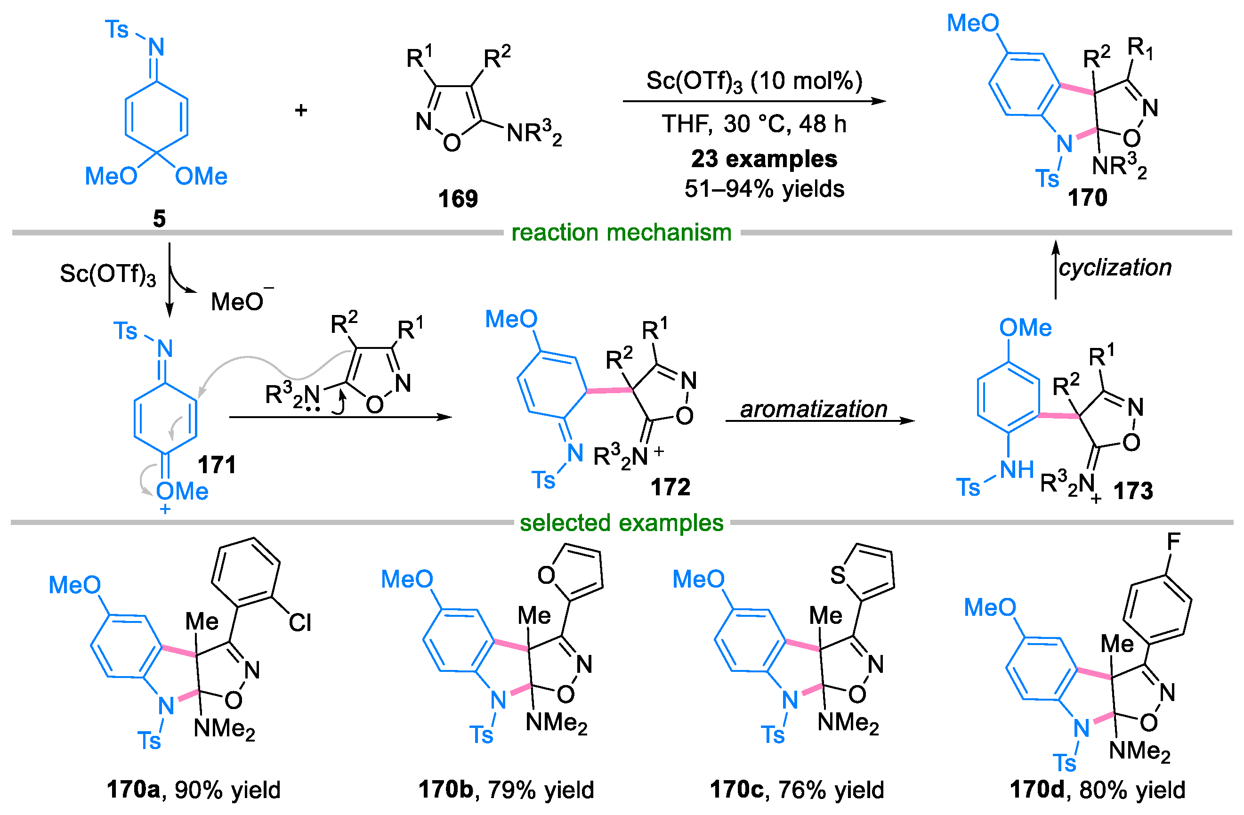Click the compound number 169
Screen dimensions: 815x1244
click(457, 199)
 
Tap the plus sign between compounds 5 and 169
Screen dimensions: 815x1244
click(300, 110)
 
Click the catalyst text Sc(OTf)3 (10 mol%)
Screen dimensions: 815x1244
click(754, 81)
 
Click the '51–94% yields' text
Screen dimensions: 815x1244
click(764, 189)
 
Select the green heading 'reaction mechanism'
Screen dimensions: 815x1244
click(621, 232)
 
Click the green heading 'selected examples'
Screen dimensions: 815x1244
click(621, 523)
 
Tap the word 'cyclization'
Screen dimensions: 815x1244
click(1115, 267)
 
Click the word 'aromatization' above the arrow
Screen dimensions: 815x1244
click(813, 409)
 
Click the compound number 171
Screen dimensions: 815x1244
click(217, 465)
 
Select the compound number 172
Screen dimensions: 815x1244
click(670, 487)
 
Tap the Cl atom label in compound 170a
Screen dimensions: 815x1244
click(299, 622)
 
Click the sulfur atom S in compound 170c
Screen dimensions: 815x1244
click(837, 575)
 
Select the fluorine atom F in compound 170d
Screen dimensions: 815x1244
click(1173, 541)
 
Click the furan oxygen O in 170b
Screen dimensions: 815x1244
click(546, 575)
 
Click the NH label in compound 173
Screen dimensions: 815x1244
click(1016, 470)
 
